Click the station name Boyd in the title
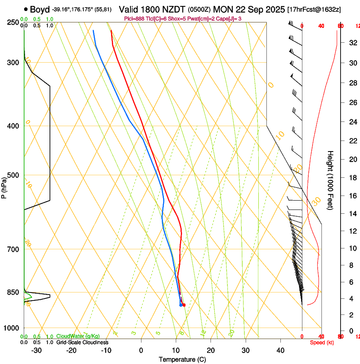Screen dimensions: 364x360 tap(40, 9)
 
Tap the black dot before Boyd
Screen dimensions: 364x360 tap(26, 9)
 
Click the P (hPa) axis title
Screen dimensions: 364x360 tap(4, 186)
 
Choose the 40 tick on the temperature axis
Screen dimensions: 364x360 tap(280, 350)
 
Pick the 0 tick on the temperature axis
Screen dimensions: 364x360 tap(141, 350)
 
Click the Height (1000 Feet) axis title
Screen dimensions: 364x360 tap(330, 180)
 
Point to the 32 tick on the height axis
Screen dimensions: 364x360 tap(352, 43)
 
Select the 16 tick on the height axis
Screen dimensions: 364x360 tap(352, 196)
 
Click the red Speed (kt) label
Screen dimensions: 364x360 tap(322, 342)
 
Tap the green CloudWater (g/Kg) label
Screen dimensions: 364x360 tap(78, 336)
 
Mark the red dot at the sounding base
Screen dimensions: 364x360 tap(183, 305)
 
